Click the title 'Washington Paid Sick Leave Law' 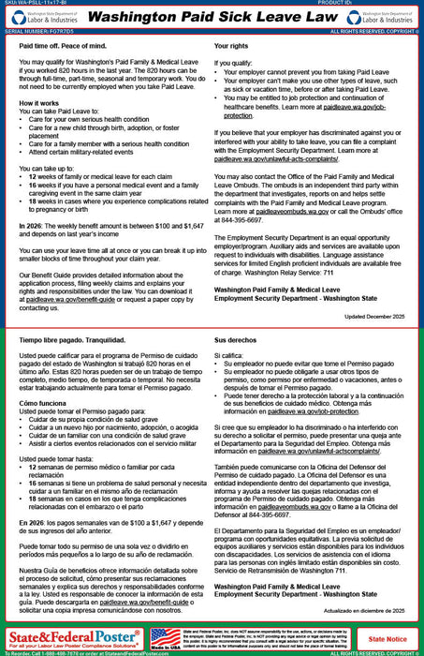click(211, 18)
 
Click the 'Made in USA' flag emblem click(166, 638)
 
